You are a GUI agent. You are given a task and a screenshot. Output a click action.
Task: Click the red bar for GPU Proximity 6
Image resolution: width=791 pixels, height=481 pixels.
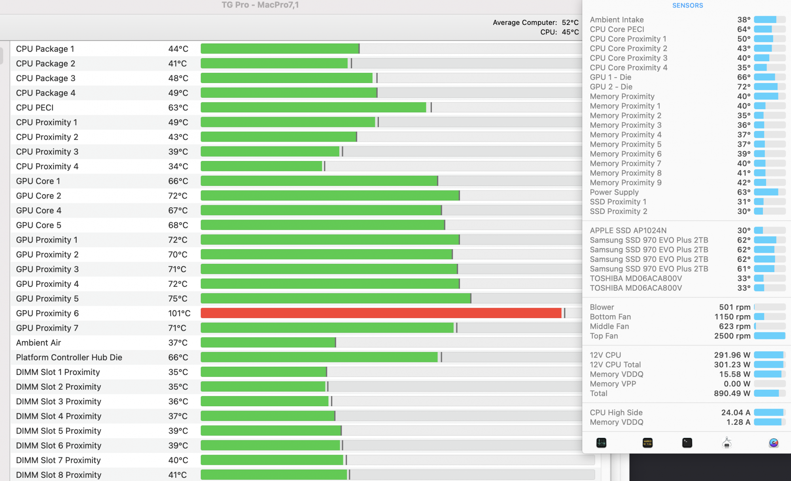[381, 313]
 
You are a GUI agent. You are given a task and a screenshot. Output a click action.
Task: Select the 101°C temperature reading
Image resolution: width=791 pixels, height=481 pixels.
[179, 313]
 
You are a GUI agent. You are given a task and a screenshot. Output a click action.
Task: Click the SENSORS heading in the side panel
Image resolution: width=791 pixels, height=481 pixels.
[687, 6]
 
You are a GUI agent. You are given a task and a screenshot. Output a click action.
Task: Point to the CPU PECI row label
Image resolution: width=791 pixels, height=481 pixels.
[35, 108]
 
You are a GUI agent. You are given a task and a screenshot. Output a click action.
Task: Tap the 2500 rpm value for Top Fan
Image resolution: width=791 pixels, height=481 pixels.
[732, 336]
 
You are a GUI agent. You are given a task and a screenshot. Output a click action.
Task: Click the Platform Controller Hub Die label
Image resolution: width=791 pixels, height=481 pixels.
[69, 357]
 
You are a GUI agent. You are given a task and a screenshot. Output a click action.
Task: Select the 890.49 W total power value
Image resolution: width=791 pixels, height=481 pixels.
[732, 393]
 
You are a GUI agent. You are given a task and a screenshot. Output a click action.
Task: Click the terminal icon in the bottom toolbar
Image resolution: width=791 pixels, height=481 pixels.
[687, 443]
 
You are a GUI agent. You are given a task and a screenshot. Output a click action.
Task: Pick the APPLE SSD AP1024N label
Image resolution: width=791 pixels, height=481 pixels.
[628, 230]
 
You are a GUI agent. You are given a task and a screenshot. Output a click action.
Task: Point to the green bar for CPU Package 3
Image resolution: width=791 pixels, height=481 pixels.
[286, 78]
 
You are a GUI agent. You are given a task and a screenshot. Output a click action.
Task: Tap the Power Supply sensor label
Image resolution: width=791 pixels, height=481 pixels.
[614, 192]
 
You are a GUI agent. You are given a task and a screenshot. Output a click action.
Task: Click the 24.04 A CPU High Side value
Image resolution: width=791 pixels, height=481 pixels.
[736, 413]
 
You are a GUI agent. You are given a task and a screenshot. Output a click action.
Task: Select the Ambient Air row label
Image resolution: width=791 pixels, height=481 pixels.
[39, 343]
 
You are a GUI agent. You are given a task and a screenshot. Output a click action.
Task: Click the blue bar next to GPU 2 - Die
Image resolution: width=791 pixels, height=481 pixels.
[766, 87]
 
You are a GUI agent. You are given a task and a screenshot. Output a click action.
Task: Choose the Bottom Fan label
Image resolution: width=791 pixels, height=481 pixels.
[610, 316]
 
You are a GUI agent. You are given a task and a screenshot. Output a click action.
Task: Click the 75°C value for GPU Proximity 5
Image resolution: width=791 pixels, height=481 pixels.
[178, 299]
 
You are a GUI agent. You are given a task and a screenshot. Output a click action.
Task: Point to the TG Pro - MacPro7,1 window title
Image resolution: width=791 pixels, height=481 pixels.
[260, 5]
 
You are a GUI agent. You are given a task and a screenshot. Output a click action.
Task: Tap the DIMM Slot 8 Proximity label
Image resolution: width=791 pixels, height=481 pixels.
[59, 475]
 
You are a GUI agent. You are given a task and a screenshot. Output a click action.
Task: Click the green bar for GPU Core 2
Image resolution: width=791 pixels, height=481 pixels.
[329, 196]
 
